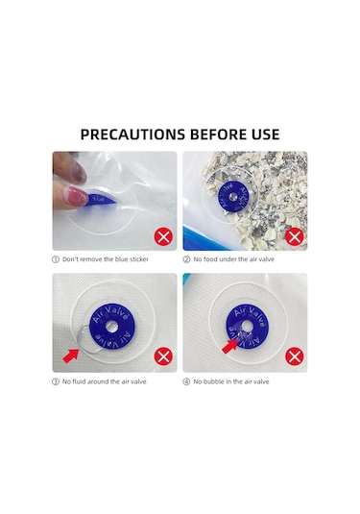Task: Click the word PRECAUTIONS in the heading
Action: [x=132, y=135]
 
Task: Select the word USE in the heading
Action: [x=266, y=135]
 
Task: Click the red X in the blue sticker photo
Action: [x=163, y=236]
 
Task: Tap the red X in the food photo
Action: [x=294, y=236]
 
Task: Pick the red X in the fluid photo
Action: [x=163, y=356]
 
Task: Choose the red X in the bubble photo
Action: [x=294, y=356]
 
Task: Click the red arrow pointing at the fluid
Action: [x=71, y=355]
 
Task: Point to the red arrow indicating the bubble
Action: [x=229, y=346]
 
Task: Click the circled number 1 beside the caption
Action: [x=56, y=259]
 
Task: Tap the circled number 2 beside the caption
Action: [x=186, y=259]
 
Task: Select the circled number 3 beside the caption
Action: [x=56, y=381]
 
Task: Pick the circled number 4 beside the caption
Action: [x=186, y=381]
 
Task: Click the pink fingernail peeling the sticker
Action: [x=79, y=196]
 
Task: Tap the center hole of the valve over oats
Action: [x=233, y=197]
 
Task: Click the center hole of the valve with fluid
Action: [x=112, y=326]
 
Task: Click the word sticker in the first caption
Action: [x=139, y=259]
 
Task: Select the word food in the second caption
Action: [x=210, y=259]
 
